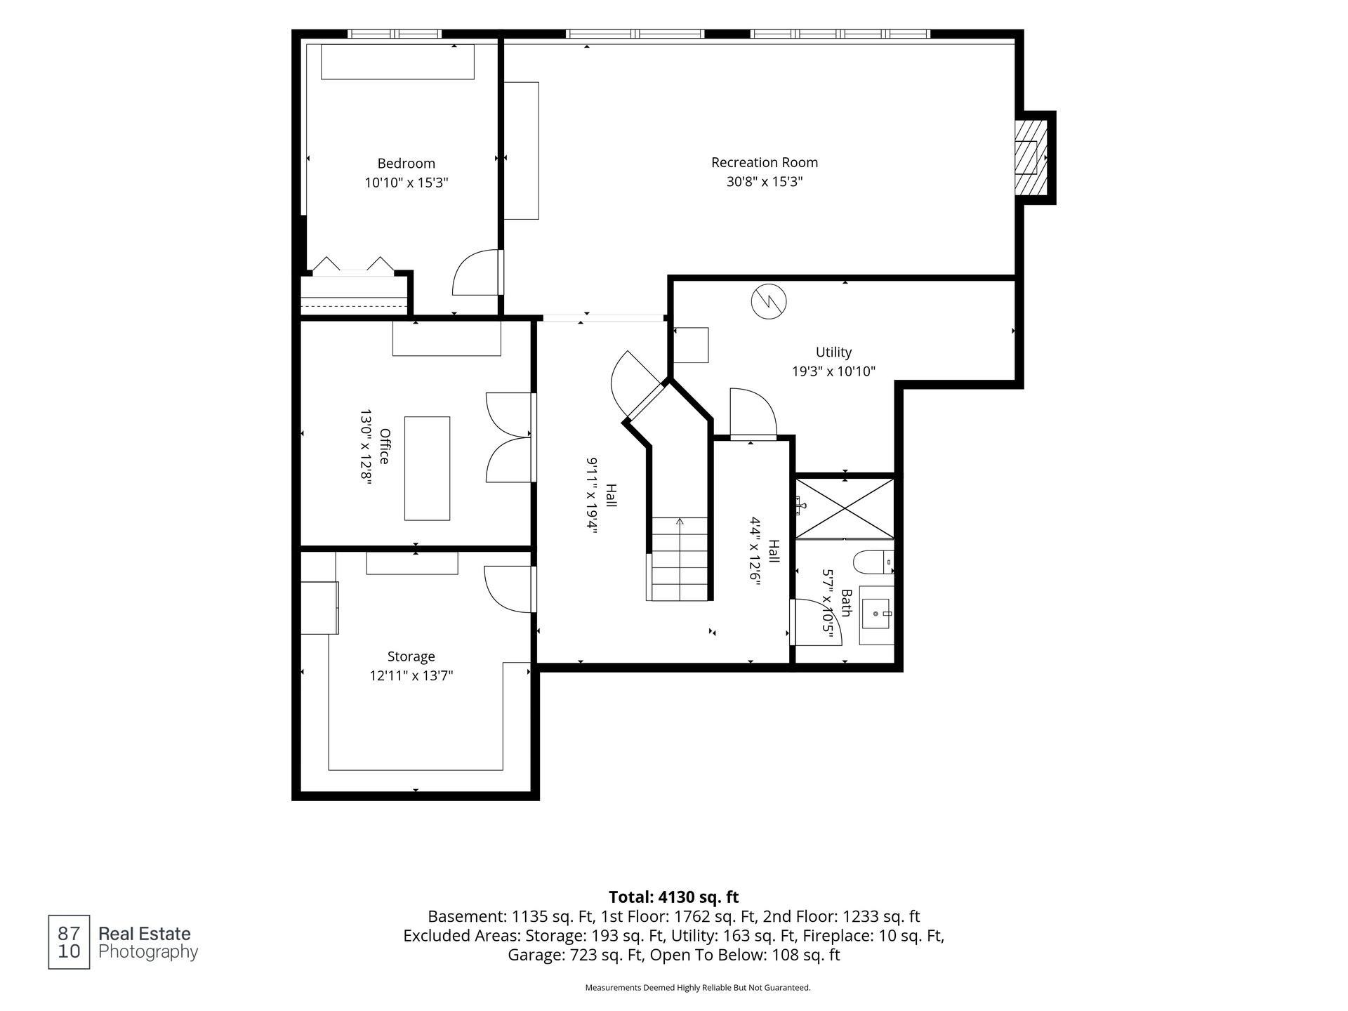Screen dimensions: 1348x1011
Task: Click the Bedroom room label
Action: [x=406, y=164]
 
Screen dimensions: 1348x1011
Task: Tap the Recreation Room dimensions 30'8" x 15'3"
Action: [x=765, y=182]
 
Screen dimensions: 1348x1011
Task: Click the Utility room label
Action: [x=833, y=352]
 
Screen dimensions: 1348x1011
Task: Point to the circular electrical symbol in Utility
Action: [x=769, y=302]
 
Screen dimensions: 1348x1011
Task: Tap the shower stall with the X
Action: [x=845, y=508]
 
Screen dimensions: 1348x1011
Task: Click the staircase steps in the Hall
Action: [x=680, y=559]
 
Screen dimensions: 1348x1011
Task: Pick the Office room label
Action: [x=384, y=446]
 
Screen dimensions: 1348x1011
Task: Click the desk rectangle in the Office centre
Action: [x=427, y=468]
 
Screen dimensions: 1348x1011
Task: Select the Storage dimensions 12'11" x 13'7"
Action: [x=411, y=676]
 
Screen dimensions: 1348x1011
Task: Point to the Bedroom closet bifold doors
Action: [x=352, y=265]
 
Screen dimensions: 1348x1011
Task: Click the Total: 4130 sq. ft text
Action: [x=673, y=897]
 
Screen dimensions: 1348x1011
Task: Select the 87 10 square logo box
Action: [x=69, y=942]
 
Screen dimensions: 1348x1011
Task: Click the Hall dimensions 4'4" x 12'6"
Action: [x=755, y=551]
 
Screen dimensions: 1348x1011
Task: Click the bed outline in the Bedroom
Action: [x=397, y=62]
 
